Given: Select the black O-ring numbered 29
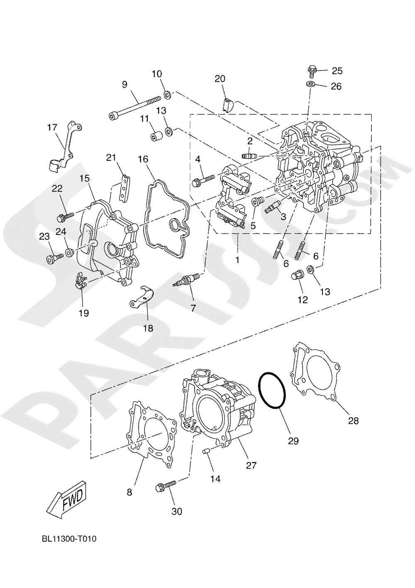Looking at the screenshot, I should [272, 391].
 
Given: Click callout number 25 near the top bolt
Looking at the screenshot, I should [337, 71].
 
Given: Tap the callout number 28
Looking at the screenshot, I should [353, 421].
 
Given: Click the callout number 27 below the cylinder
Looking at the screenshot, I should [251, 465].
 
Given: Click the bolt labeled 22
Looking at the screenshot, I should [65, 216].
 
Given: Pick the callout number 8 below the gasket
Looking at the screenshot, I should [129, 492].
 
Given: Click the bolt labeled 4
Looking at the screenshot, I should [203, 179].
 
